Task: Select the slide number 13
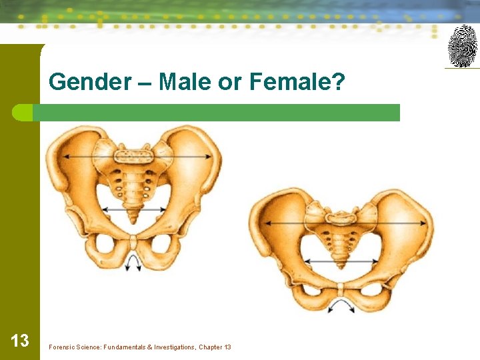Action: (20, 341)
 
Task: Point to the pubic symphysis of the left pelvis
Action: (134, 241)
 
